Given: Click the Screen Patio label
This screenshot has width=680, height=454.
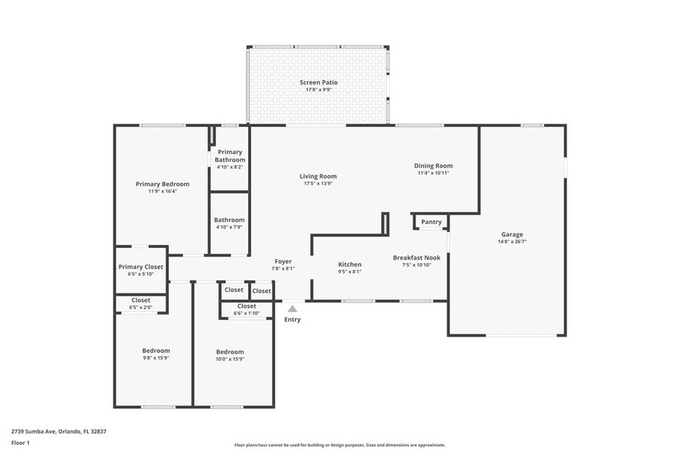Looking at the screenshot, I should click(318, 83).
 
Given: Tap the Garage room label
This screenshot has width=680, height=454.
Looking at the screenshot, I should click(512, 235).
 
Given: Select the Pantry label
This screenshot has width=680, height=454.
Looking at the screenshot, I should click(432, 222).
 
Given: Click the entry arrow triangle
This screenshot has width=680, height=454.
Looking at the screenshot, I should click(292, 308).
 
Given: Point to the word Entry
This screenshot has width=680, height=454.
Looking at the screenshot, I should click(292, 320).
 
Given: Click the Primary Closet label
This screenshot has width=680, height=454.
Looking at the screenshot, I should click(141, 267).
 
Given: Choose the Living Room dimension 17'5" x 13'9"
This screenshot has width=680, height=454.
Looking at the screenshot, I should click(318, 184).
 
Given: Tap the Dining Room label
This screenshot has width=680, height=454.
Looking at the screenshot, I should click(433, 165).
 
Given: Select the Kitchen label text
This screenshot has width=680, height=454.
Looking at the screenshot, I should click(350, 264).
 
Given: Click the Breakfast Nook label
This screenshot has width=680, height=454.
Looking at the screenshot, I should click(416, 257).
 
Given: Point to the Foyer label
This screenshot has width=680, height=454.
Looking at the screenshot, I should click(283, 262).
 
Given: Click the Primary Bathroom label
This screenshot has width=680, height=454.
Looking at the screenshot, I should click(230, 156).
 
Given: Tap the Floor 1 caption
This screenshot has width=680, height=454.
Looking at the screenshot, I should click(21, 443).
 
